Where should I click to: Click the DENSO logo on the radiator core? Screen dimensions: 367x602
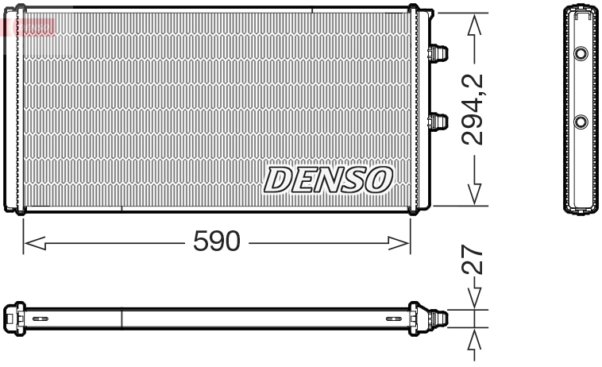[x=328, y=180]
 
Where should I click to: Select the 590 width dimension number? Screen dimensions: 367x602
[x=216, y=242]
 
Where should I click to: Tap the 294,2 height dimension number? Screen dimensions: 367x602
[x=474, y=109]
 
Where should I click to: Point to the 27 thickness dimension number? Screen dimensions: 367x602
[x=474, y=261]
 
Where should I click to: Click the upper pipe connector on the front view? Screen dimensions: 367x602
[x=437, y=53]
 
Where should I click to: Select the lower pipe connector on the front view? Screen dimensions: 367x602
[x=437, y=122]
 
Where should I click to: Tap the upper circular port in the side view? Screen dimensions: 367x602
[x=581, y=54]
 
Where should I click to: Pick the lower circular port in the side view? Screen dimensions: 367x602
[x=581, y=122]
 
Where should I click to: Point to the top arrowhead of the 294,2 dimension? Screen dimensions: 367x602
[x=474, y=24]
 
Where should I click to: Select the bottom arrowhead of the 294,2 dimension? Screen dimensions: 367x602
[x=474, y=195]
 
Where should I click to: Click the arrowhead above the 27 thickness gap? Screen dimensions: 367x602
[x=474, y=299]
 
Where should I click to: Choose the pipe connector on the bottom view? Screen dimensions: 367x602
[x=438, y=319]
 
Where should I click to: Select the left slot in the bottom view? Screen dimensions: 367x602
[x=40, y=319]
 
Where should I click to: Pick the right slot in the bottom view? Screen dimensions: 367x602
[x=393, y=319]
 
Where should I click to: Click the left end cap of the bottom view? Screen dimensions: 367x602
[x=12, y=319]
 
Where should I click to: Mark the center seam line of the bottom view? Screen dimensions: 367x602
[x=122, y=319]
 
